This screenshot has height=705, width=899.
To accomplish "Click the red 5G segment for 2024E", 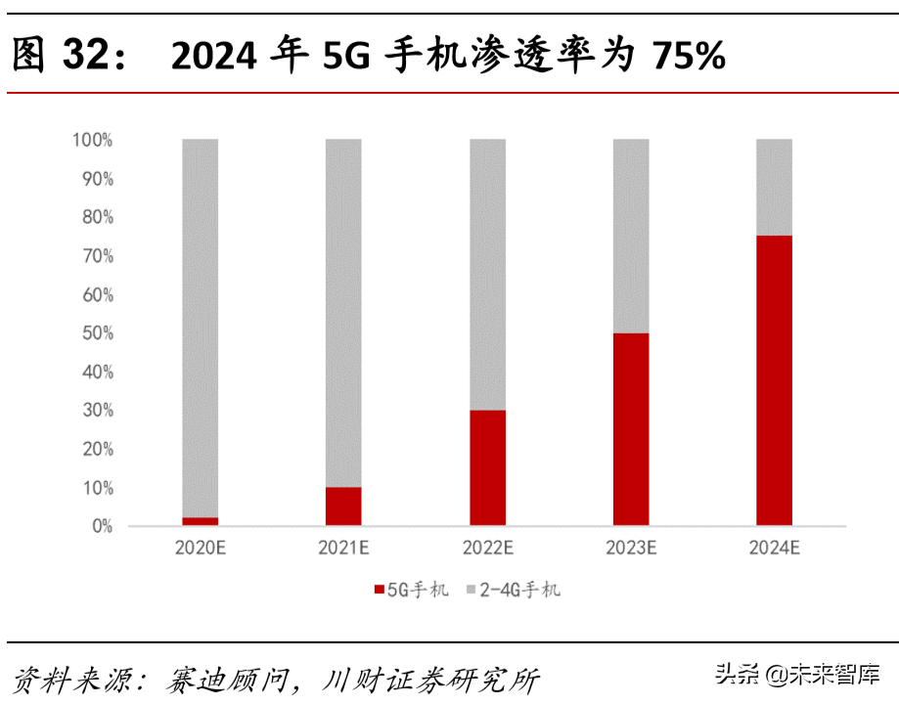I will pyautogui.click(x=774, y=380).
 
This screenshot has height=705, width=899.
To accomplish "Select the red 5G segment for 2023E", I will pyautogui.click(x=631, y=429).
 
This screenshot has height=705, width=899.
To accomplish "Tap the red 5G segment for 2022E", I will pyautogui.click(x=487, y=467).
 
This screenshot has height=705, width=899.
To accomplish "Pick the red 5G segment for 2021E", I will pyautogui.click(x=343, y=507).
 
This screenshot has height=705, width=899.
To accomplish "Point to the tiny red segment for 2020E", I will pyautogui.click(x=201, y=521).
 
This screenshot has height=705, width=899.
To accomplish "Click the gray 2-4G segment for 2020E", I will pyautogui.click(x=201, y=328).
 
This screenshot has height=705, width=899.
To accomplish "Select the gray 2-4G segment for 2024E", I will pyautogui.click(x=774, y=187).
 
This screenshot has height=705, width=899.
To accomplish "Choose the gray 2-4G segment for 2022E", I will pyautogui.click(x=487, y=274).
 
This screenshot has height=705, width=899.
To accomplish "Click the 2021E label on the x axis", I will pyautogui.click(x=343, y=549).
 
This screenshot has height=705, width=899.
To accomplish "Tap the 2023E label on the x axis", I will pyautogui.click(x=631, y=549).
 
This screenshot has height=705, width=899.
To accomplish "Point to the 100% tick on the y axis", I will pyautogui.click(x=93, y=140).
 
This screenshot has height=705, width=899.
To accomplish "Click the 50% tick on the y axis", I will pyautogui.click(x=96, y=333).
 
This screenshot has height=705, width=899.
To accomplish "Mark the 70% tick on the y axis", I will pyautogui.click(x=96, y=256).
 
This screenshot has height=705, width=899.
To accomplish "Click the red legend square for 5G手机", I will pyautogui.click(x=379, y=590).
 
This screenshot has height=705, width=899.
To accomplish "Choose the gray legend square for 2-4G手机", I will pyautogui.click(x=471, y=590).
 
